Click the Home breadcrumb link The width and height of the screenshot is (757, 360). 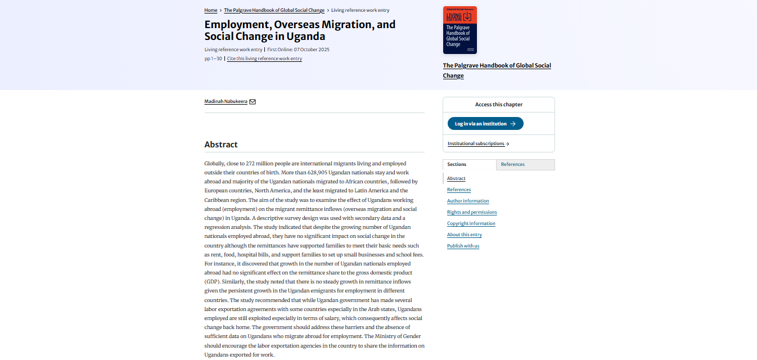tap(211, 10)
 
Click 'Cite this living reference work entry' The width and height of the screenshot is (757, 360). tap(264, 58)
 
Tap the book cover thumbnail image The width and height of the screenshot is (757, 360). tap(459, 30)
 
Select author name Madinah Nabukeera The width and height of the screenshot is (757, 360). tap(226, 101)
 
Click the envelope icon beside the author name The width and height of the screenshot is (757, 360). tap(253, 102)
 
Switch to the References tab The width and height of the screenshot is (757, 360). tap(513, 164)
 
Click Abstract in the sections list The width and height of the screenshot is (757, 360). tap(456, 178)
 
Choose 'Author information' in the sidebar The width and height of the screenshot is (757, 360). tap(468, 201)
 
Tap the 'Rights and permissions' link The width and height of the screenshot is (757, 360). tap(472, 212)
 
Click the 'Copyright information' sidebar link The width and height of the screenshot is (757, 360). tap(471, 223)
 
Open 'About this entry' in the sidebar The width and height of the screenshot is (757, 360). tap(465, 235)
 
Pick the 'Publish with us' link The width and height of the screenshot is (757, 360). tap(463, 246)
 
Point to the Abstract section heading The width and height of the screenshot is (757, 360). tap(221, 145)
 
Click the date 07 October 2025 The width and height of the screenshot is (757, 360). tap(312, 49)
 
